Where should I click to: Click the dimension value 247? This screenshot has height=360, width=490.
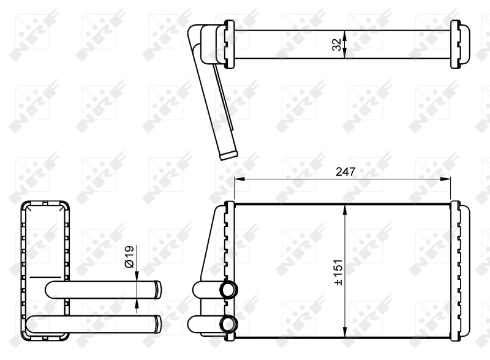click(345, 172)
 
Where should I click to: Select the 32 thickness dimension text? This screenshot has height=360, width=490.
click(336, 44)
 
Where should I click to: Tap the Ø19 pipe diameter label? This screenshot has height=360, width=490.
click(129, 256)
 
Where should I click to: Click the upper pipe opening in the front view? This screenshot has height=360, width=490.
click(229, 290)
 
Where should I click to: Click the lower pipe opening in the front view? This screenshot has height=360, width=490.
click(229, 323)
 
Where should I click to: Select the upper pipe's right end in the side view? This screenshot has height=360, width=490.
click(158, 288)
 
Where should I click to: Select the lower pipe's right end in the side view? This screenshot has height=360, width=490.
click(158, 322)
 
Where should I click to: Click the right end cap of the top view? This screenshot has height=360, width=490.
click(456, 44)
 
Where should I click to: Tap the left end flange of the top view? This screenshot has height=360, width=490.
click(229, 44)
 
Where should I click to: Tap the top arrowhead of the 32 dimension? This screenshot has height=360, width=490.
click(345, 34)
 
